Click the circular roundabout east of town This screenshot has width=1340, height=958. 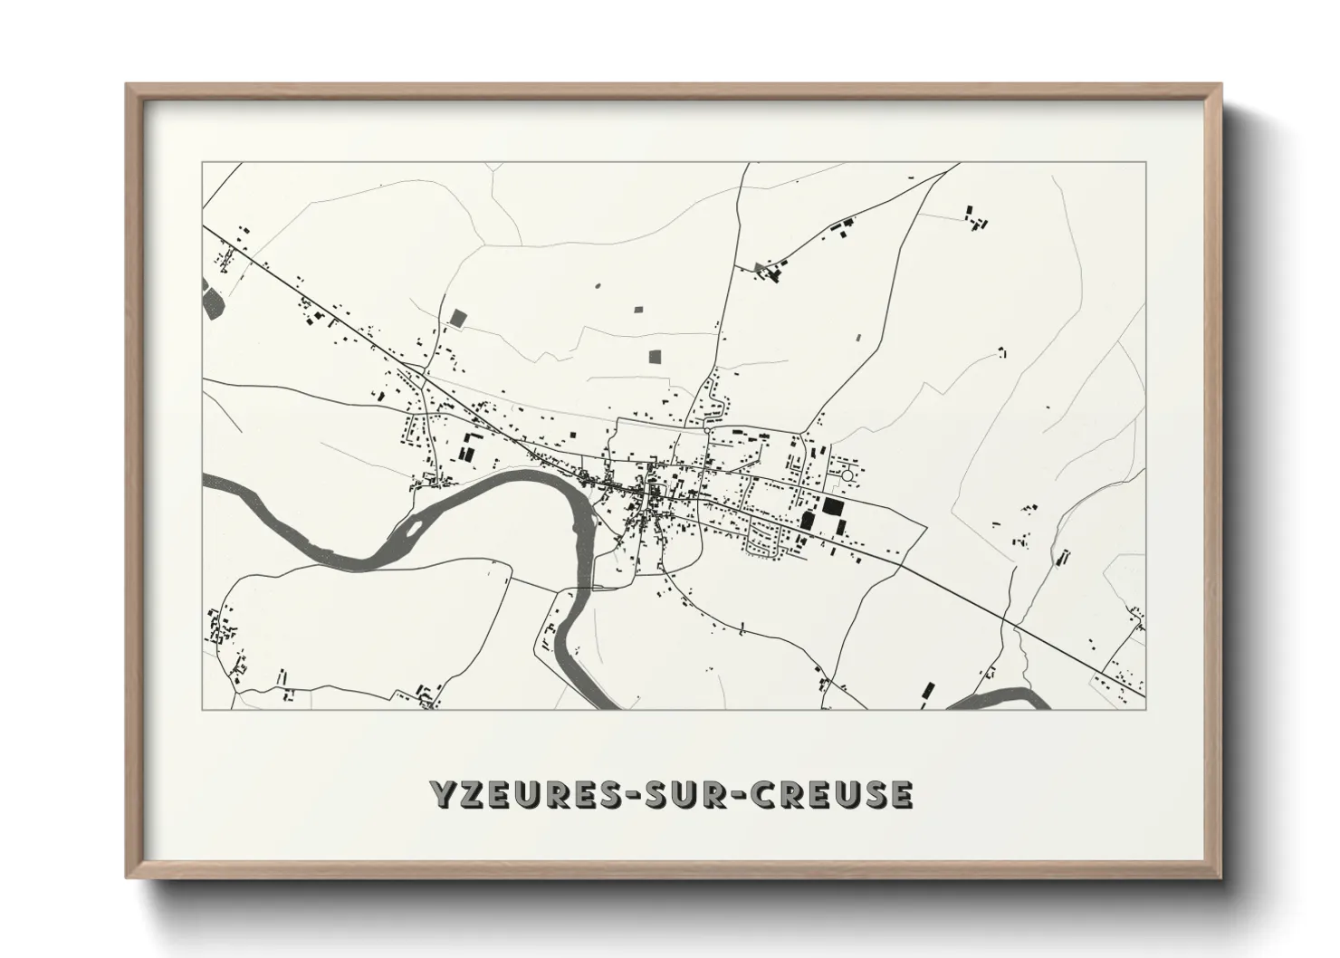[847, 474]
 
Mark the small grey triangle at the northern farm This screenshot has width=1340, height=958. [759, 266]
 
